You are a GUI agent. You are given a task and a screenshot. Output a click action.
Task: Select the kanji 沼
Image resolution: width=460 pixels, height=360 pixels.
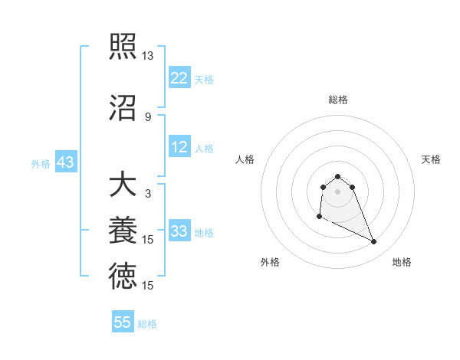pos(123,106)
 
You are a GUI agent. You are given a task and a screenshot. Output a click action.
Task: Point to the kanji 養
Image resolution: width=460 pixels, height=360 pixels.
pos(123,231)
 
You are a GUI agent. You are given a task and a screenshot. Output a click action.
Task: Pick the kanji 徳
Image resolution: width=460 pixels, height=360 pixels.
pos(123,277)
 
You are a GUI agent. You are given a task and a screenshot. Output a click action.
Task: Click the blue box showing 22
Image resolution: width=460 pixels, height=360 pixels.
pos(179,78)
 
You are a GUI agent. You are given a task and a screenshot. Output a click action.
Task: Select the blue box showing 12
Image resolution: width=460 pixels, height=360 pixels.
pos(179,148)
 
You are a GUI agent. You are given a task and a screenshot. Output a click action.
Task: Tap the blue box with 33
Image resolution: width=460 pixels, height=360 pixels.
pos(179,232)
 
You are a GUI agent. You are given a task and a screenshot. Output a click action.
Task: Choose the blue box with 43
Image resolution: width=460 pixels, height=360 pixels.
pos(65,162)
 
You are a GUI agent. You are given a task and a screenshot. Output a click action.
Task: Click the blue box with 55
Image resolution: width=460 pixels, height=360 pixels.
pos(123,322)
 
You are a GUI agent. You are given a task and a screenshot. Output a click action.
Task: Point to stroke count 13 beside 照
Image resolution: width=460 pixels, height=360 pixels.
pos(147,56)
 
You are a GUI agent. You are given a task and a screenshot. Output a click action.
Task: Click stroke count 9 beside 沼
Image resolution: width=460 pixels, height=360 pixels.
pos(147,116)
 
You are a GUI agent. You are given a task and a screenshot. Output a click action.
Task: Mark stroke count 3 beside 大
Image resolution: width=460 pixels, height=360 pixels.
pos(147,194)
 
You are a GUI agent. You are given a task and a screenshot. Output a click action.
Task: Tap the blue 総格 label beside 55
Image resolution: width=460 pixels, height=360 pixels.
pos(147,324)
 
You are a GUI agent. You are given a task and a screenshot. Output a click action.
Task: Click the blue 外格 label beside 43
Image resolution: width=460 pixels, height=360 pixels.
pos(41,163)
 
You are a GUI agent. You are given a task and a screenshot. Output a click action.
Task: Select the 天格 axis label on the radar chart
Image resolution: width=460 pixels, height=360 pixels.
pos(431,159)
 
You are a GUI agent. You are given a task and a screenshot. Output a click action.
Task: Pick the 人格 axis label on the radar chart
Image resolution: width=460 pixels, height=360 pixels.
pos(245,159)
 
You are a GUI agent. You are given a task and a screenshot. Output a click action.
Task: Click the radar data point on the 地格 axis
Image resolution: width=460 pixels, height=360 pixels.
pos(374,242)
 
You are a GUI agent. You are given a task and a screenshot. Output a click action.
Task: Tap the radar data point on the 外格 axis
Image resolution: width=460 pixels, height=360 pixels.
pos(319,217)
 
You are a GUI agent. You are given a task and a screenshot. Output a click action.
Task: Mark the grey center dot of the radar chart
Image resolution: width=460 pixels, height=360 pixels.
pos(337,191)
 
